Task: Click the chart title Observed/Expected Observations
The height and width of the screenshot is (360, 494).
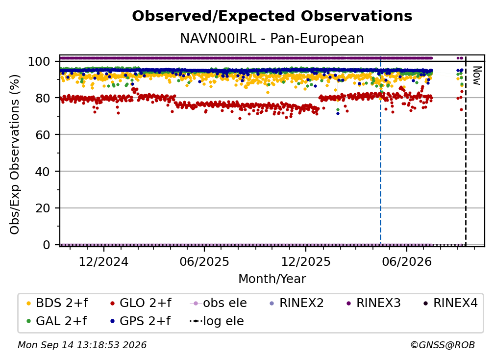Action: coord(272,16)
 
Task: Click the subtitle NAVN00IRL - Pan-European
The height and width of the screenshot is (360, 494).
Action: coord(272,38)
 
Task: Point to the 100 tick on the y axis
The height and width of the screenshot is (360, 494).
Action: coord(39,61)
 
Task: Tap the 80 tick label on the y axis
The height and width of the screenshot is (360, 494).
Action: coord(43,98)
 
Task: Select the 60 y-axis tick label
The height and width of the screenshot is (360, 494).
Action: coord(43,135)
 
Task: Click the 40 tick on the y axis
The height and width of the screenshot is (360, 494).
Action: coord(43,172)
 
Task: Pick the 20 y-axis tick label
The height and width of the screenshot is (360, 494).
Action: coord(43,208)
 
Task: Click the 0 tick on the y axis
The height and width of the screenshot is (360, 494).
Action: coord(47,245)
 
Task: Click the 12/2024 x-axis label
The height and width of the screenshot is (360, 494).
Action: coord(103,261)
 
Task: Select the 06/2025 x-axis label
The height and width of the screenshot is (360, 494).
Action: coord(204,261)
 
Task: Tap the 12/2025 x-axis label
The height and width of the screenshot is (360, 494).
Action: coord(306,261)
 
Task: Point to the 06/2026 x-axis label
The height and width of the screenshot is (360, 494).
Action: coord(407,261)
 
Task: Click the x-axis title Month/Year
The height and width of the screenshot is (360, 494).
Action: coord(272,279)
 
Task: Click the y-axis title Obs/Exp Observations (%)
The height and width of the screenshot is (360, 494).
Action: coord(15,154)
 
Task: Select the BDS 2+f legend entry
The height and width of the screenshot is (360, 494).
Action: coord(57,303)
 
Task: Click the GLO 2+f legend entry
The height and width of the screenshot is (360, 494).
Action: coord(141,303)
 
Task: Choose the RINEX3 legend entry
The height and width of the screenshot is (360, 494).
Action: coord(373,303)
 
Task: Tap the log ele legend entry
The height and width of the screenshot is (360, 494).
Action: coord(217,321)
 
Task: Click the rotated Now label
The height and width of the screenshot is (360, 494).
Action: coord(477,76)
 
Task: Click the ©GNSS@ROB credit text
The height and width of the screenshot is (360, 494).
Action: coord(443,345)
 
